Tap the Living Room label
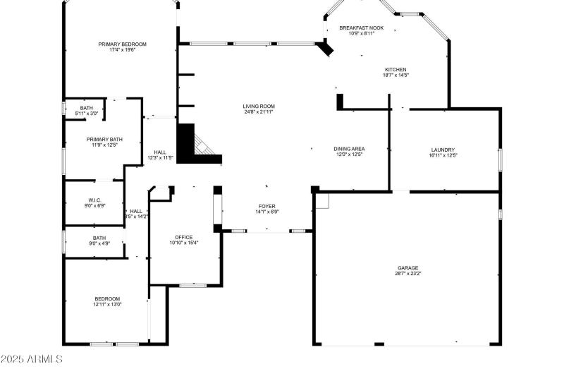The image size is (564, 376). (x=258, y=106)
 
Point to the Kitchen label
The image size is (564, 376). (x=396, y=69)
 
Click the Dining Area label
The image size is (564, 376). (x=349, y=149)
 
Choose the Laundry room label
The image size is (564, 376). (x=443, y=150)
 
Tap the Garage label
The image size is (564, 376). (x=407, y=268)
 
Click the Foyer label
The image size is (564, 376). (x=266, y=206)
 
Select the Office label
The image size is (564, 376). (x=183, y=237)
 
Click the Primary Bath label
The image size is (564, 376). (x=104, y=140)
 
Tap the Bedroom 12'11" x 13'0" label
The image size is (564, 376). (x=107, y=299)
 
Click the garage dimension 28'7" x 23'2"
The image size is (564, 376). (x=407, y=274)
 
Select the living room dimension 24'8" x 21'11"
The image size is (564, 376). (x=258, y=111)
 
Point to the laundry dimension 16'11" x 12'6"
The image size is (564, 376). (x=443, y=155)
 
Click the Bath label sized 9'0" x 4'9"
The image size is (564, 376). (x=99, y=238)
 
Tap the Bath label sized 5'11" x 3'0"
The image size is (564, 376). (x=87, y=108)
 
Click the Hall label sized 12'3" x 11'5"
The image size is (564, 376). (x=160, y=152)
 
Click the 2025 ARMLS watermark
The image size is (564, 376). (x=31, y=359)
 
